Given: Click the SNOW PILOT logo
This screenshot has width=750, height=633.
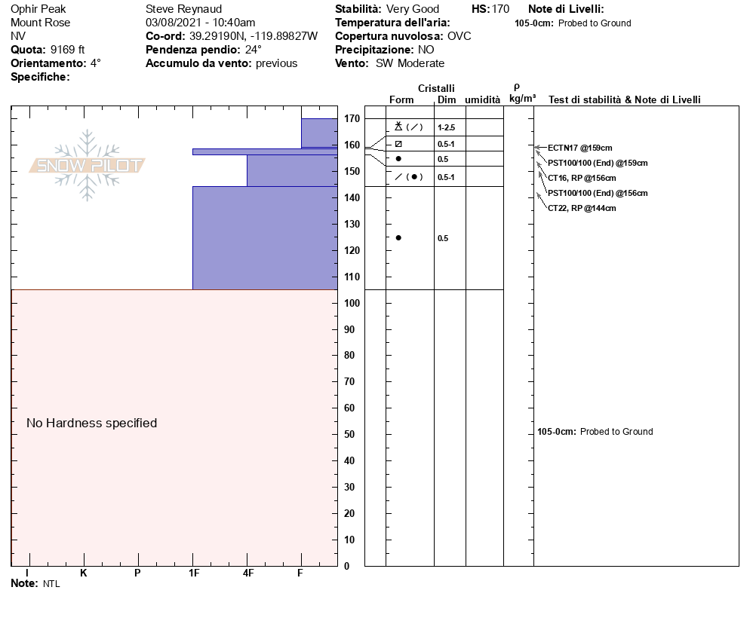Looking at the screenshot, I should click(88, 165).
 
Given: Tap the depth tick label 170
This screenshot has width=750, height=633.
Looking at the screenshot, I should click(351, 119).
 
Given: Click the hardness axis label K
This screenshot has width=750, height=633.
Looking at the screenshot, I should click(84, 573).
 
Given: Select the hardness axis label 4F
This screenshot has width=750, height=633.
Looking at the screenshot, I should click(247, 573).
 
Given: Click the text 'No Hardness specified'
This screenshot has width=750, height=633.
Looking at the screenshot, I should click(92, 424).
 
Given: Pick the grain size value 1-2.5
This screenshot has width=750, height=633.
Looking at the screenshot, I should click(446, 128).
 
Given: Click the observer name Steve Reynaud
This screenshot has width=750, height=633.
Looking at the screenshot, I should click(183, 9).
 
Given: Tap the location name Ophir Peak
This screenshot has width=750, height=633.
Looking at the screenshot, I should click(38, 9).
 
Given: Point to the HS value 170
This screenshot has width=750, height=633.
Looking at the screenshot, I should click(500, 9).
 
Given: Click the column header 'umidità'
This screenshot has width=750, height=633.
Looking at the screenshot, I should click(482, 99).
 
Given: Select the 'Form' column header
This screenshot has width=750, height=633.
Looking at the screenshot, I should click(401, 99).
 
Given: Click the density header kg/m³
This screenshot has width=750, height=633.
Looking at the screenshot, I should click(522, 99).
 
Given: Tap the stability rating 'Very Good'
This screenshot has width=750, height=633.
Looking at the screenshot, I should click(413, 9).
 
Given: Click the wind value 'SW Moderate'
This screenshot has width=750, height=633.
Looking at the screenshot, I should click(410, 63).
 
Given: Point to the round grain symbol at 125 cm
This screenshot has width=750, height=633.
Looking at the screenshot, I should click(398, 238).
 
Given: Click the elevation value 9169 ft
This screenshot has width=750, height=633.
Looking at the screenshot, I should click(68, 50).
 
